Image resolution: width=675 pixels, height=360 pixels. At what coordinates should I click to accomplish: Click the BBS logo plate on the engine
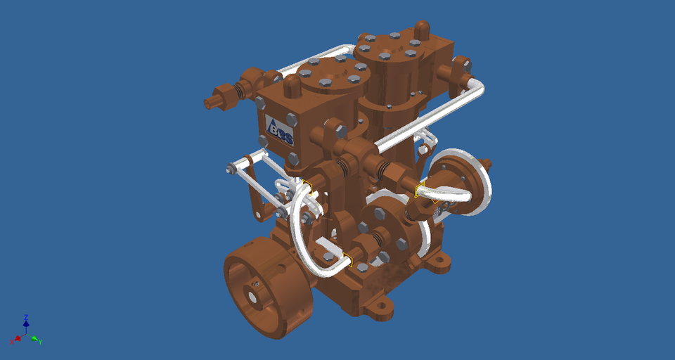pos(280,129)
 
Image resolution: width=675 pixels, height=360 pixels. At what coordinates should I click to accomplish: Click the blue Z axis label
pos(26,317)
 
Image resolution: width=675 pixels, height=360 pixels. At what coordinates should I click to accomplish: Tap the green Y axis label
pos(41,342)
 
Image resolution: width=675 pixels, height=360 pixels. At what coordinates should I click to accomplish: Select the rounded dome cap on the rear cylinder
pos(422,29)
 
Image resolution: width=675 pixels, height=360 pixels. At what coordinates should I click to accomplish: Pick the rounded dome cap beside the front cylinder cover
pos(291,87)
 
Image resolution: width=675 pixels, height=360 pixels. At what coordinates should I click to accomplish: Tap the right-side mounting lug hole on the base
pos(441,264)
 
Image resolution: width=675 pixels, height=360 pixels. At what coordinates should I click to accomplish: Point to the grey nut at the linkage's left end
pos(230,169)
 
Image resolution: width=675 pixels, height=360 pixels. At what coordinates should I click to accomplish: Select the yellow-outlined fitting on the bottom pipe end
pos(347,262)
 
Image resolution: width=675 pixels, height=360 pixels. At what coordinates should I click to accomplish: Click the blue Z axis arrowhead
pos(26,324)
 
